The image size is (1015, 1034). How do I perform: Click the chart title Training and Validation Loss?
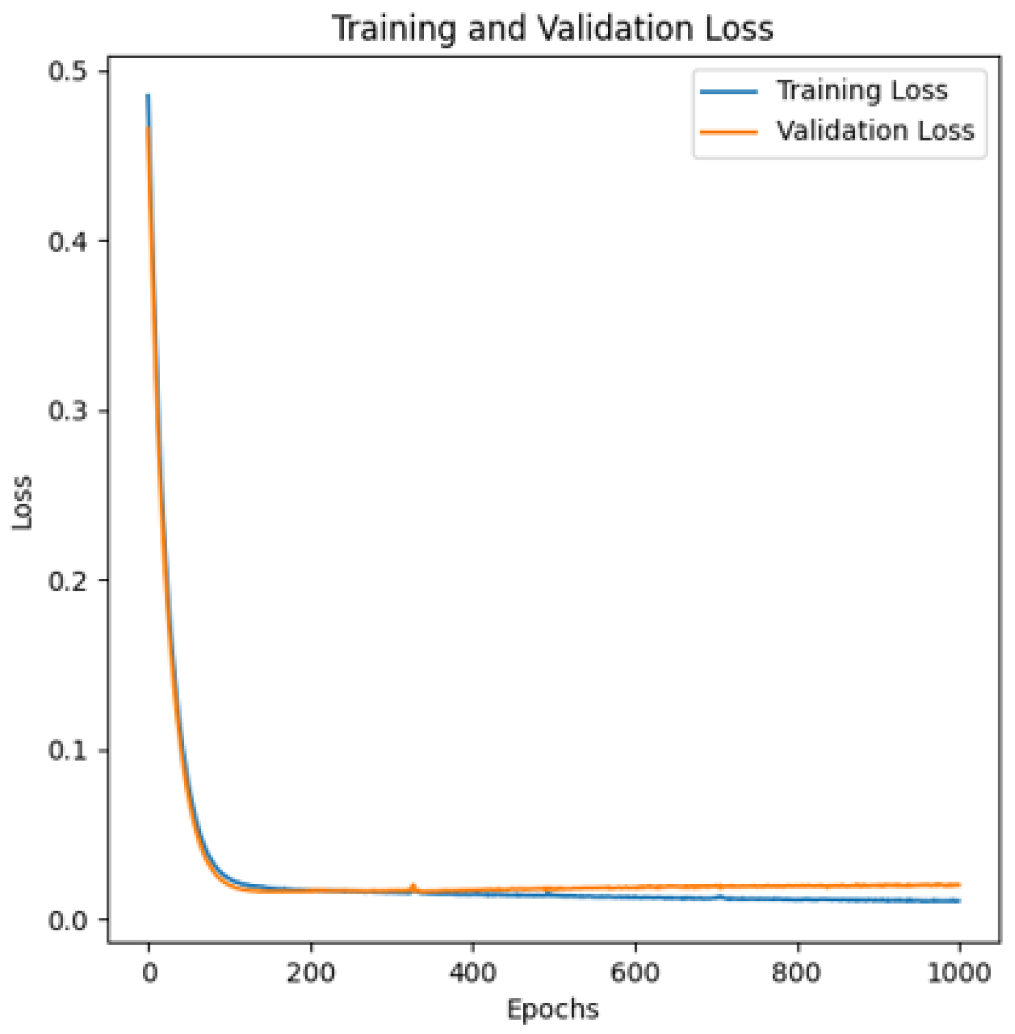(552, 29)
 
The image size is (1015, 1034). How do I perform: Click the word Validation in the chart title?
(614, 29)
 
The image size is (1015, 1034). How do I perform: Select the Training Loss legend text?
(861, 91)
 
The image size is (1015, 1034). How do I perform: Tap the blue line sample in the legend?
(728, 92)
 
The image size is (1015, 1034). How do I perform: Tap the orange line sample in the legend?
(728, 132)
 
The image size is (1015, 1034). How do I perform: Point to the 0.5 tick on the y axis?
(69, 71)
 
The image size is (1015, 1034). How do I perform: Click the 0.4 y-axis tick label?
(69, 241)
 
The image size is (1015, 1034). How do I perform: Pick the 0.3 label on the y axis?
(69, 411)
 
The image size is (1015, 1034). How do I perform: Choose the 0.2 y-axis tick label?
(69, 581)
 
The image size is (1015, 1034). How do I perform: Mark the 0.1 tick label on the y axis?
(69, 750)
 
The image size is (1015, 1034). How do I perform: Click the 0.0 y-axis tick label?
(69, 920)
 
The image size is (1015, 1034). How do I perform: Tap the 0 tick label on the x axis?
(149, 973)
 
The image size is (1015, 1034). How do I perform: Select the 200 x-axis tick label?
(310, 973)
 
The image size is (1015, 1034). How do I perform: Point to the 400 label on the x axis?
(473, 973)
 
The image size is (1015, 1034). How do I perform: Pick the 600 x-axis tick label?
(635, 973)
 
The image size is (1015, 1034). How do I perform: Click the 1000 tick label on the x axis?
(959, 973)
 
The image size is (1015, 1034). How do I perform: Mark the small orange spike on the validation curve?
(413, 886)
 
